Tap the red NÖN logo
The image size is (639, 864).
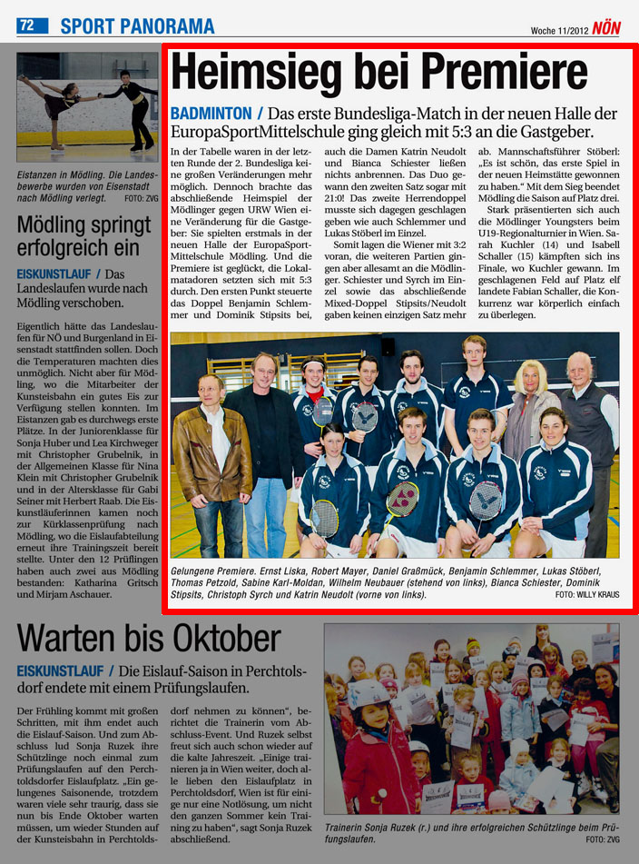click(x=606, y=28)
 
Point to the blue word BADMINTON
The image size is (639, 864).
click(x=211, y=114)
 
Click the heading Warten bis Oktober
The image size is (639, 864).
click(x=149, y=639)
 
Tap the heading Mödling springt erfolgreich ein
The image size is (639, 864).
click(x=84, y=236)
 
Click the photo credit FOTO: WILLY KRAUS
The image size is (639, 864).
click(x=586, y=594)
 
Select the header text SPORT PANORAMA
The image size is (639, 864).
click(x=137, y=26)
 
